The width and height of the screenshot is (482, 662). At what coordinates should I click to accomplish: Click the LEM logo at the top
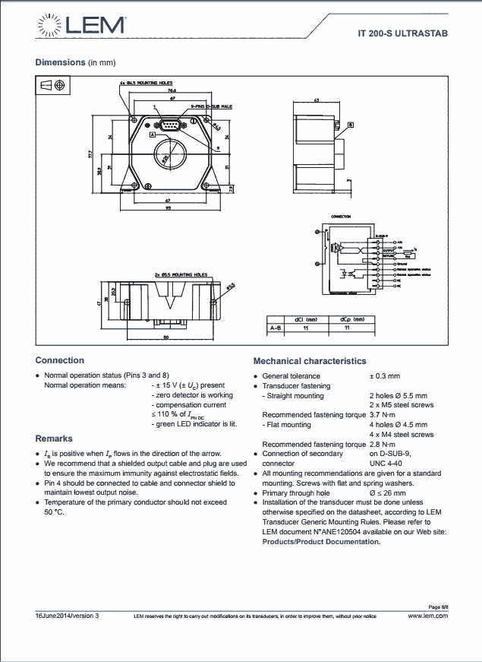[x=80, y=25]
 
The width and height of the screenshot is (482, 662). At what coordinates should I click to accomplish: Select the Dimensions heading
[x=60, y=62]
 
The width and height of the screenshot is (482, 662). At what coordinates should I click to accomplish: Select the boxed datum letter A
[x=153, y=134]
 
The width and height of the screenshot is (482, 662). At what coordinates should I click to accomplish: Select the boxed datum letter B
[x=350, y=124]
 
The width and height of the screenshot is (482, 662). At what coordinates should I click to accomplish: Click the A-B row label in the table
[x=275, y=328]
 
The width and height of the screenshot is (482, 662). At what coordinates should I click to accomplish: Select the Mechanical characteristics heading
[x=309, y=361]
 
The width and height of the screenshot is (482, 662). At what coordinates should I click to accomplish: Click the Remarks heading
[x=54, y=439]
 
